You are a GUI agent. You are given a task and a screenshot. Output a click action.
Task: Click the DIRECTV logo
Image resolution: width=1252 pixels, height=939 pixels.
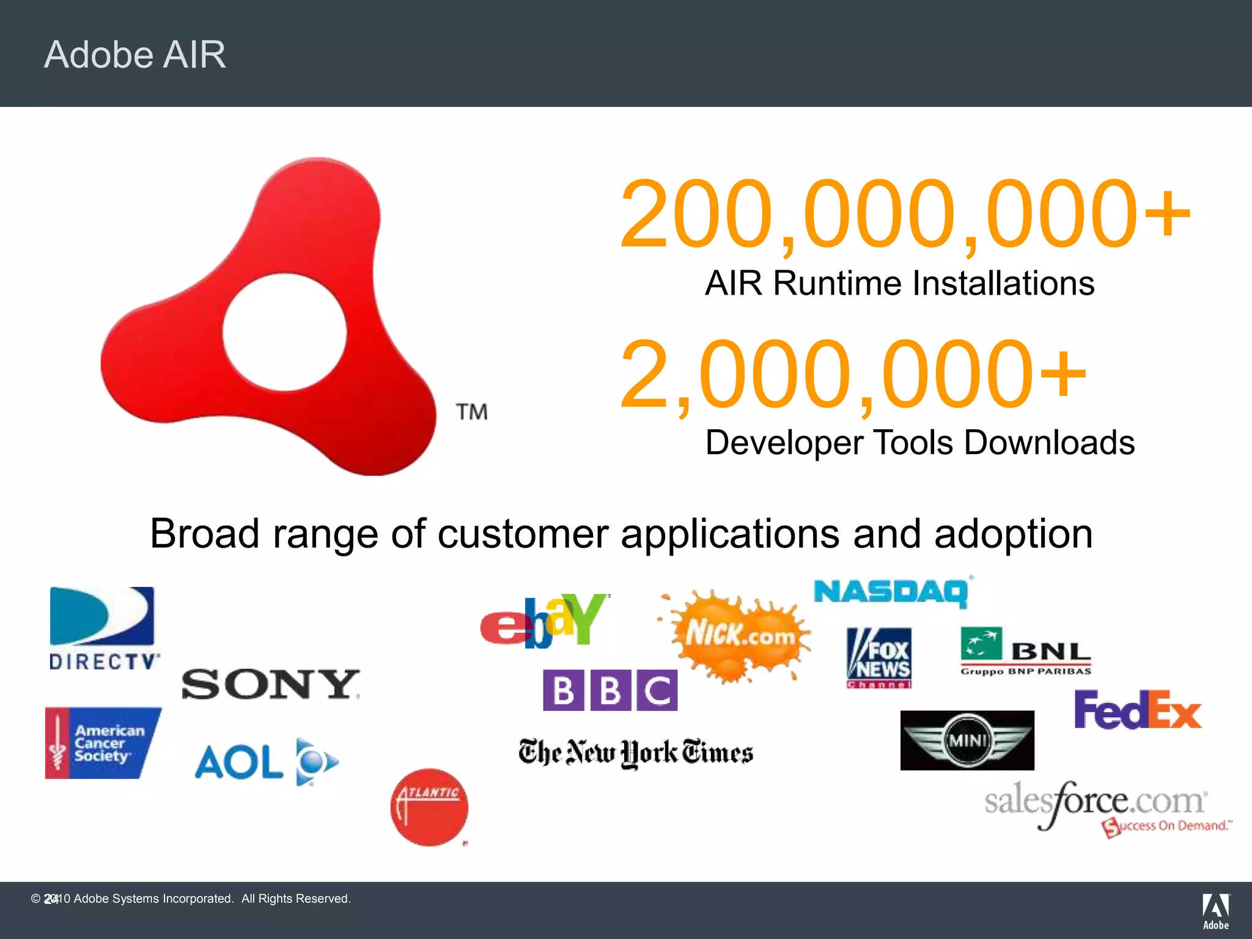tap(103, 628)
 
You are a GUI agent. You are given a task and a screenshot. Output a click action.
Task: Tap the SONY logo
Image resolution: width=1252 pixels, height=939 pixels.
tap(270, 684)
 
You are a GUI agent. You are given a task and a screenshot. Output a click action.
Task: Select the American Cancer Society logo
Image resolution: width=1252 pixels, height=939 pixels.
tap(102, 743)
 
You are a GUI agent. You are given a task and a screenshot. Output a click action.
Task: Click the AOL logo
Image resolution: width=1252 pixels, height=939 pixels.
tap(267, 762)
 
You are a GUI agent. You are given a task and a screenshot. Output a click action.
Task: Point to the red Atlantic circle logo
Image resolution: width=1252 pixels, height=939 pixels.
tap(429, 807)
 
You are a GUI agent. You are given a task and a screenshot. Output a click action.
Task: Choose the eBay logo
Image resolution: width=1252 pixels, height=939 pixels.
tap(544, 620)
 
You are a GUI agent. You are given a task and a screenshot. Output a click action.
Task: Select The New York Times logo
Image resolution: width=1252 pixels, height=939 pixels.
tap(636, 753)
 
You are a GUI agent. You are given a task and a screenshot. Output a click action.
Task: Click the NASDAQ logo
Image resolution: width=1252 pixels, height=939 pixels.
tap(891, 592)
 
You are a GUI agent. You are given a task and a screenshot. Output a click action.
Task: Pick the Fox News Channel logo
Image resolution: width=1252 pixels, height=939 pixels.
tap(879, 658)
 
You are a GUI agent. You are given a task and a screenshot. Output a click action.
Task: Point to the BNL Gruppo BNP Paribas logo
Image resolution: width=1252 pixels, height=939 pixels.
tap(1026, 652)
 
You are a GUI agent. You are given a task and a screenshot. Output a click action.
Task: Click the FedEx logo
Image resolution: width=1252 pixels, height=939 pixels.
tap(1138, 710)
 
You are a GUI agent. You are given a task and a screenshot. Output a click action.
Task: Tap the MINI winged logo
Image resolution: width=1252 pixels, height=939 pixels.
tap(967, 740)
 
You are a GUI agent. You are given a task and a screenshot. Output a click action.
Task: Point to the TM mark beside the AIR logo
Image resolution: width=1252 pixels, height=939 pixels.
tap(471, 412)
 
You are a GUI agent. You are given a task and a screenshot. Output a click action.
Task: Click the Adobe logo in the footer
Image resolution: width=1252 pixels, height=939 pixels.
tap(1215, 911)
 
